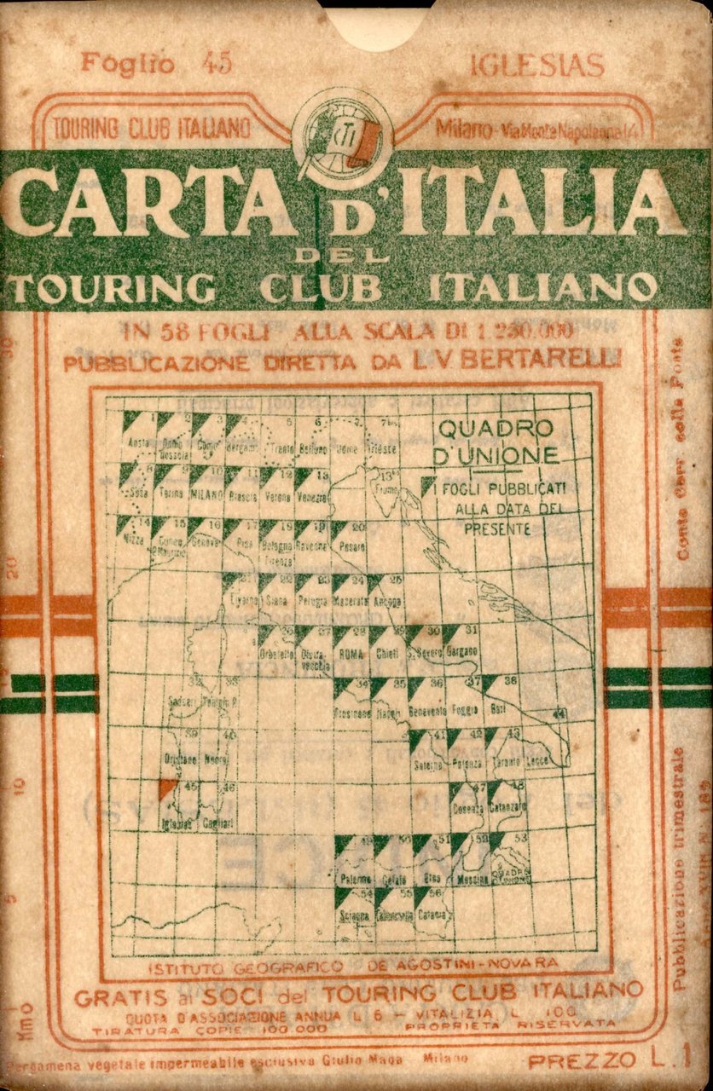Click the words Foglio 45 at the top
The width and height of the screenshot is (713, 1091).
[x=156, y=64]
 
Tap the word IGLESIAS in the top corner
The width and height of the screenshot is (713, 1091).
[x=536, y=66]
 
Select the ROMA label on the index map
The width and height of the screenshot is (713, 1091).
[x=351, y=654]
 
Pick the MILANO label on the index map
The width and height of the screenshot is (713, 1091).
[x=206, y=494]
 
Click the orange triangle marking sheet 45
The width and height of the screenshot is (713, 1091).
[x=168, y=788]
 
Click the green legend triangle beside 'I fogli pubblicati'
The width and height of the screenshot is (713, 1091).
[x=428, y=485]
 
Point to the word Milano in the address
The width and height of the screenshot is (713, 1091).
[x=463, y=130]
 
